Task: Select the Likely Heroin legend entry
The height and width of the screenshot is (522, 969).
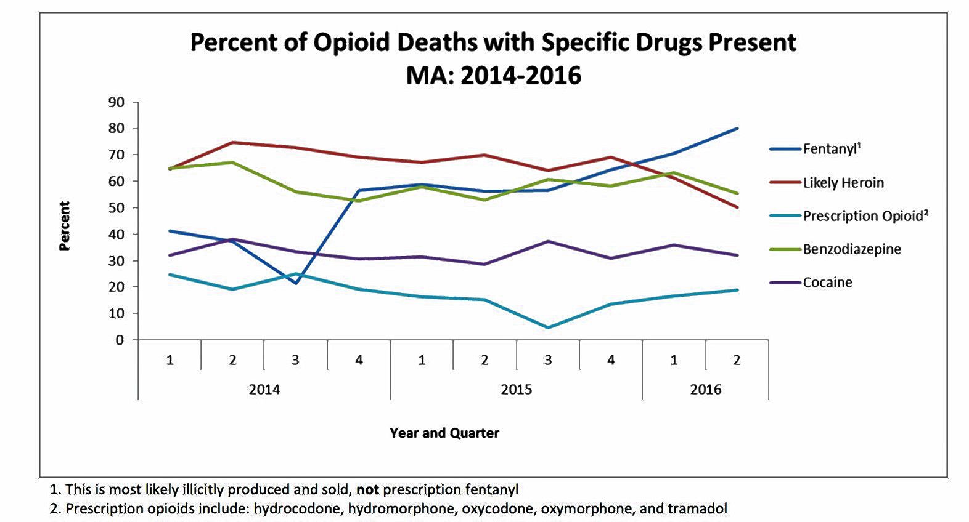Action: point(843,183)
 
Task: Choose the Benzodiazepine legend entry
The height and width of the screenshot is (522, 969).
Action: point(851,249)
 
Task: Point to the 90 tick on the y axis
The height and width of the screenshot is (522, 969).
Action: point(117,102)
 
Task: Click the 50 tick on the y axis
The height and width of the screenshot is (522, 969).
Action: point(117,208)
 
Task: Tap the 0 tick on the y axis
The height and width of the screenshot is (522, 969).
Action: point(120,340)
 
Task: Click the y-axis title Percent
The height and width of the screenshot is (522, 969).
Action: point(65,226)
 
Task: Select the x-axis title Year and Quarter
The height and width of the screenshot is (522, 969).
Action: point(444,433)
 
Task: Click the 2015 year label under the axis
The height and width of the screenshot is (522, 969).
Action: point(516,390)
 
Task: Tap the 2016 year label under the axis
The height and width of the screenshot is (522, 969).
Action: point(705,390)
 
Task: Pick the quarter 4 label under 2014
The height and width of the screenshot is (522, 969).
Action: point(359,360)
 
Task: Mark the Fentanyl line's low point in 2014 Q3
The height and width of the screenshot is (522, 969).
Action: point(296,283)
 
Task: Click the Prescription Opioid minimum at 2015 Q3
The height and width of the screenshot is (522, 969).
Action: point(548,327)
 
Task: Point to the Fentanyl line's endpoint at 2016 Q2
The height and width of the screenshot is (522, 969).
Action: point(737,129)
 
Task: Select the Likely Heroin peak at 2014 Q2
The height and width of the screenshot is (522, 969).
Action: point(232,142)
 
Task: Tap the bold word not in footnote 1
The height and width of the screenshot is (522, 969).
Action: point(367,490)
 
